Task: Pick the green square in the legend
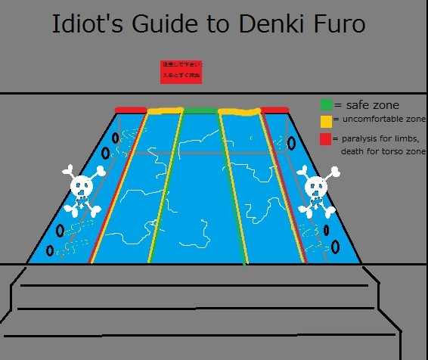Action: click(x=325, y=105)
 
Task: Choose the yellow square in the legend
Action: click(x=325, y=120)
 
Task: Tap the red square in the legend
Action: click(x=325, y=138)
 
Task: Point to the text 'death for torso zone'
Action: click(x=383, y=152)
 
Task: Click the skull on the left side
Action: click(x=80, y=189)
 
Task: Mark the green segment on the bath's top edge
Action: click(x=200, y=110)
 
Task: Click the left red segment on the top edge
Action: click(x=131, y=110)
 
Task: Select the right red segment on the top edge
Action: click(x=274, y=110)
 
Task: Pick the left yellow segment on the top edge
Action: click(x=165, y=111)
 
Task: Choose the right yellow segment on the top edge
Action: click(x=239, y=112)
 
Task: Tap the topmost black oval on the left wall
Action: click(x=115, y=139)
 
